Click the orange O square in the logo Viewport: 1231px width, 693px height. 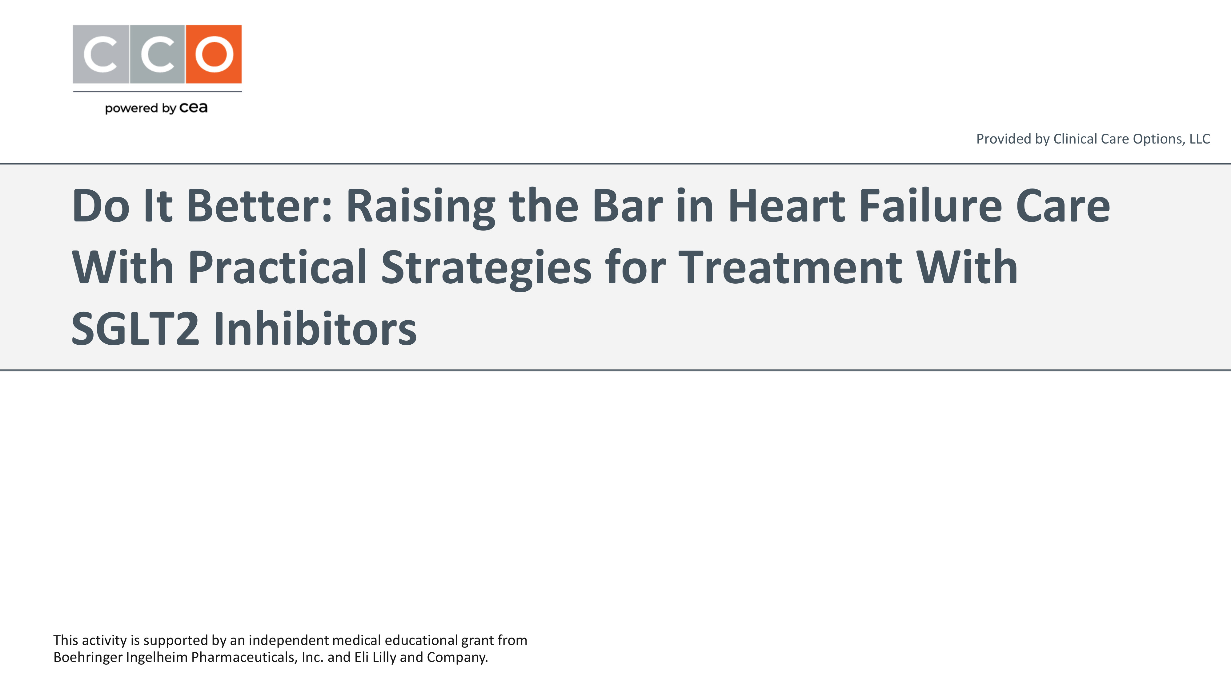pyautogui.click(x=214, y=54)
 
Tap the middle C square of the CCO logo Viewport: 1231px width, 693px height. pyautogui.click(x=157, y=54)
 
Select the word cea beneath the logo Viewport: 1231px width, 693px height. pyautogui.click(x=194, y=107)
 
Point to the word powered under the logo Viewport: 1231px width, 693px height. pyautogui.click(x=132, y=108)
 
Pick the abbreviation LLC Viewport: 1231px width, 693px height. pyautogui.click(x=1200, y=139)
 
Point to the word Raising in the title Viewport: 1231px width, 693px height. pyautogui.click(x=420, y=208)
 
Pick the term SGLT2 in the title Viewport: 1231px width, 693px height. pyautogui.click(x=135, y=329)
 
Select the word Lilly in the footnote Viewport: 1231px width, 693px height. pyautogui.click(x=384, y=657)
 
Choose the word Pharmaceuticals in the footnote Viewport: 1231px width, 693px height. pyautogui.click(x=244, y=658)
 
